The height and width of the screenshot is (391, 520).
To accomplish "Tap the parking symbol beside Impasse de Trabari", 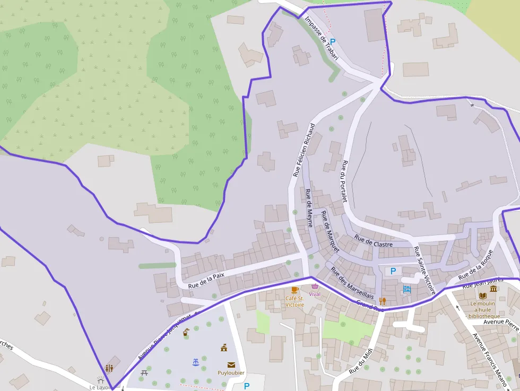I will (333, 41).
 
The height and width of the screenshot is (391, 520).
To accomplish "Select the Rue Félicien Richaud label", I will (304, 150).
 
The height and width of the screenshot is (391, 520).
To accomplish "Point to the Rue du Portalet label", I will (344, 181).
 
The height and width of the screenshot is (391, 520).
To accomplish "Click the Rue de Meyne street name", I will (309, 207).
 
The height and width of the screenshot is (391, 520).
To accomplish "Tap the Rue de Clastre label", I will (374, 241).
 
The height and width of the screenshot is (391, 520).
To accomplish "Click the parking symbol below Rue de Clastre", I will (393, 271).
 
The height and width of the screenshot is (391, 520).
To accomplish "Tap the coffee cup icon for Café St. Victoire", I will (294, 290).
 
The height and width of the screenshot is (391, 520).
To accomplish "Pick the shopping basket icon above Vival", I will (315, 286).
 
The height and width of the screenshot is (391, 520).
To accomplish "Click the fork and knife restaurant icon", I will (382, 301).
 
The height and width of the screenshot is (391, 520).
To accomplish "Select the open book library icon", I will (482, 296).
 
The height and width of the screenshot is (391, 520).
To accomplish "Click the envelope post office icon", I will (231, 364).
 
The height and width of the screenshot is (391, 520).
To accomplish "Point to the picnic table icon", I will (144, 373).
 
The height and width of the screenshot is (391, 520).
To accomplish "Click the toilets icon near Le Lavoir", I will (109, 368).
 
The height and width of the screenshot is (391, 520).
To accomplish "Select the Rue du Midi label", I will (361, 361).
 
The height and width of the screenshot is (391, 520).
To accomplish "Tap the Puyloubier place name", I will (231, 373).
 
